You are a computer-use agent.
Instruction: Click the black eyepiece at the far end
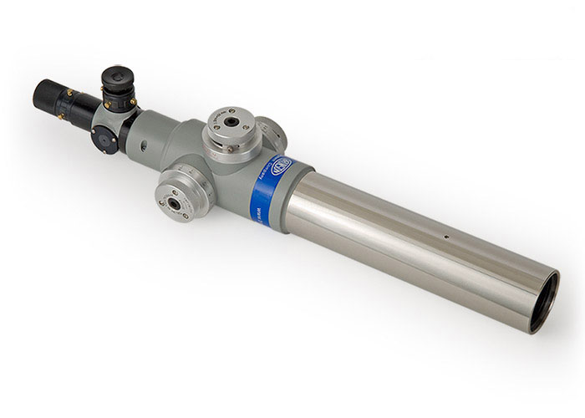[52, 99]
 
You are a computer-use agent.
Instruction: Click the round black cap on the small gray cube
[105, 141]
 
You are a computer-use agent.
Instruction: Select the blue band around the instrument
[272, 184]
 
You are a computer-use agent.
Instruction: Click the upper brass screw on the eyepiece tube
[70, 93]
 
